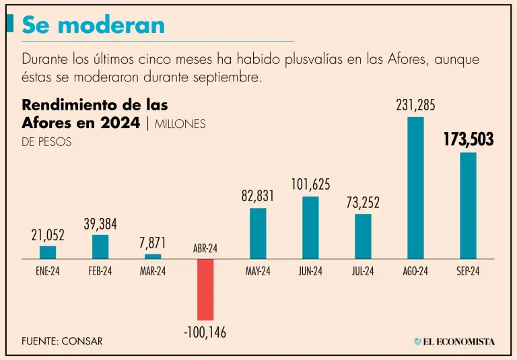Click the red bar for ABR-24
click(x=205, y=289)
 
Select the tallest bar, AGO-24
click(x=415, y=188)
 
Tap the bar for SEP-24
click(x=468, y=205)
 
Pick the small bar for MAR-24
click(x=153, y=256)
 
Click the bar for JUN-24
click(x=310, y=227)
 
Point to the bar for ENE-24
click(x=48, y=252)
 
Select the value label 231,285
click(x=415, y=105)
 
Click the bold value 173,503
click(x=468, y=140)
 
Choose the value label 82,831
click(x=258, y=196)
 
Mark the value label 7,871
click(x=153, y=243)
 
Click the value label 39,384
click(x=100, y=223)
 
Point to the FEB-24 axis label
click(x=100, y=272)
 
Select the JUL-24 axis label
click(x=363, y=272)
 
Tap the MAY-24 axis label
click(x=258, y=272)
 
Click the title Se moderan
click(x=93, y=25)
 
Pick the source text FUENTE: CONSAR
click(x=62, y=341)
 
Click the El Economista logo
click(x=454, y=341)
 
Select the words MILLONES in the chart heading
click(x=180, y=124)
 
